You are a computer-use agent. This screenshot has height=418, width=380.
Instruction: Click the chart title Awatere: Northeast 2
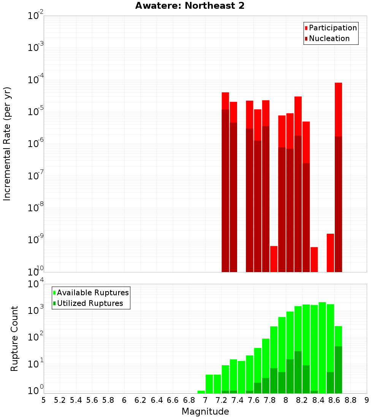click(x=190, y=6)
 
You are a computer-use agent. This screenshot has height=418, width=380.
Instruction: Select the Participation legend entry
click(x=332, y=28)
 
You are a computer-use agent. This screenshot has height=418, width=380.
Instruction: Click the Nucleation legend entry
click(x=329, y=38)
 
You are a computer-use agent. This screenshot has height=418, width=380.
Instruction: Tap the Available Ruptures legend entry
click(x=92, y=293)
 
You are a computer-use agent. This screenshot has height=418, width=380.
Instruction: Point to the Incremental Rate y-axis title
click(x=7, y=144)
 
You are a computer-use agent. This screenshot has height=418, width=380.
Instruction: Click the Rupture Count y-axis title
click(x=14, y=339)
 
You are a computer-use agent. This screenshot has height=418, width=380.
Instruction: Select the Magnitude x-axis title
click(x=205, y=412)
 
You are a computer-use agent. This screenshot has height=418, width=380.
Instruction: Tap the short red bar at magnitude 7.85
click(x=274, y=259)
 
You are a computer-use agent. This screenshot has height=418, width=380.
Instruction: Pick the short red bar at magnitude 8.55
click(x=331, y=253)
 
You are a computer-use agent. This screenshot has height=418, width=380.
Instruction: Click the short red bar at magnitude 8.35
click(x=314, y=260)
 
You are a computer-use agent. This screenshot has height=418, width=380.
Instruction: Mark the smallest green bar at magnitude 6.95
click(x=201, y=392)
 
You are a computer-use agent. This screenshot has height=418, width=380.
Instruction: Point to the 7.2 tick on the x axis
click(x=221, y=400)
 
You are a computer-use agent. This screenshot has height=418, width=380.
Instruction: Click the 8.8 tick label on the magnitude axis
click(x=350, y=400)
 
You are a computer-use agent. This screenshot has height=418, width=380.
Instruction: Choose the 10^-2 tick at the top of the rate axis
click(x=35, y=16)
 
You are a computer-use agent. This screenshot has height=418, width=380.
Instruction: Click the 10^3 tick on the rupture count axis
click(x=36, y=310)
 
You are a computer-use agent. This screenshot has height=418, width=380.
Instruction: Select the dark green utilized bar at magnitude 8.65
click(x=339, y=370)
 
